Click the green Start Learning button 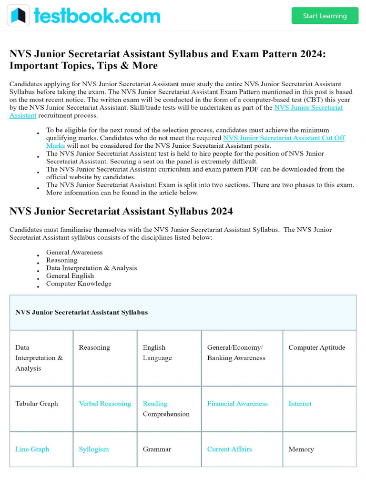click(325, 16)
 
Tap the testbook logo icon click(18, 15)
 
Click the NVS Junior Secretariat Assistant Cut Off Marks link click(284, 138)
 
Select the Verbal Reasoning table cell click(105, 404)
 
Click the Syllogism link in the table click(94, 449)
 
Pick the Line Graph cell click(32, 449)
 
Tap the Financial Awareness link click(237, 404)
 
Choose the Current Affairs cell click(229, 449)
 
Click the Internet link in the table click(300, 404)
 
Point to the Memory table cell click(301, 449)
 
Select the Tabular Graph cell click(37, 404)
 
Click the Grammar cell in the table click(157, 449)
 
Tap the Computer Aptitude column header click(316, 347)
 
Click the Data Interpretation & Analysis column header click(39, 358)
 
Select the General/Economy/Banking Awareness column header click(236, 353)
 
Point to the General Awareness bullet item click(74, 253)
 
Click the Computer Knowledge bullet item click(79, 284)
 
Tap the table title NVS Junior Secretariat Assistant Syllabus click(81, 313)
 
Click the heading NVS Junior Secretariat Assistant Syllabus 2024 click(121, 211)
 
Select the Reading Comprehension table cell click(166, 409)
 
